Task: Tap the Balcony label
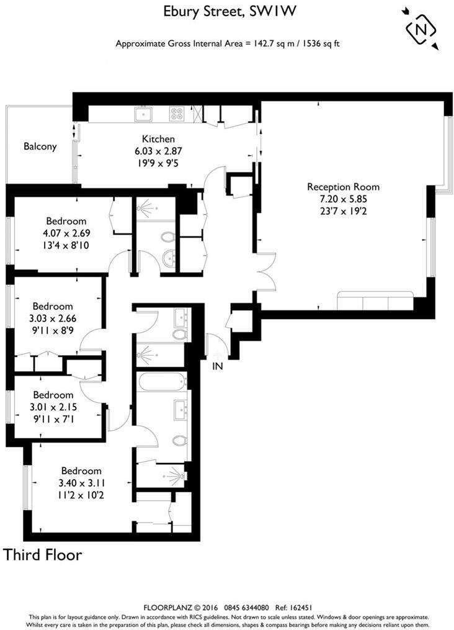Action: pyautogui.click(x=40, y=147)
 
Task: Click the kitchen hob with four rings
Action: pyautogui.click(x=177, y=114)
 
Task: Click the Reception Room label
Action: pyautogui.click(x=343, y=187)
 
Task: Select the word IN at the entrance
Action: pyautogui.click(x=218, y=366)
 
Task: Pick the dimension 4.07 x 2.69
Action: pyautogui.click(x=66, y=233)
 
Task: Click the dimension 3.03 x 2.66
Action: pyautogui.click(x=53, y=318)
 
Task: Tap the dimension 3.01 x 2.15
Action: pyautogui.click(x=53, y=407)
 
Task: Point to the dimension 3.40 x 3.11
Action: pyautogui.click(x=79, y=484)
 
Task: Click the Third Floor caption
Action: pyautogui.click(x=43, y=554)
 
